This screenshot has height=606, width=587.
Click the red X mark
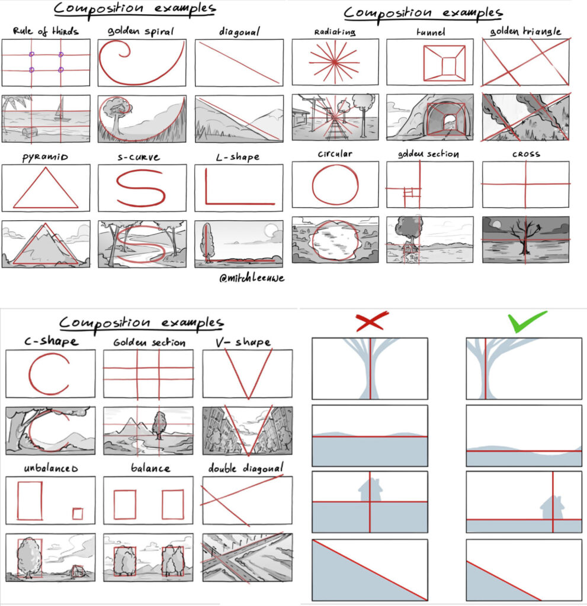371,321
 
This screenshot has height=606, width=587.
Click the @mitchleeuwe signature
252,278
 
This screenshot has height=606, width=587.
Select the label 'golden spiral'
141,31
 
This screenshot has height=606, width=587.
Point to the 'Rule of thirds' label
46,31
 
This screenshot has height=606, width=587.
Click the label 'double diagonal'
246,468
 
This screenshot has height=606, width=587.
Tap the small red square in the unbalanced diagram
78,514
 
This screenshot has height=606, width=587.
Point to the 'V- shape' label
243,341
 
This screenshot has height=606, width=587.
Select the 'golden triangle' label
525,31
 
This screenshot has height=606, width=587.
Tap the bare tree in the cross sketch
525,235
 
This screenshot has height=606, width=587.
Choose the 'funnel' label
431,32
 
